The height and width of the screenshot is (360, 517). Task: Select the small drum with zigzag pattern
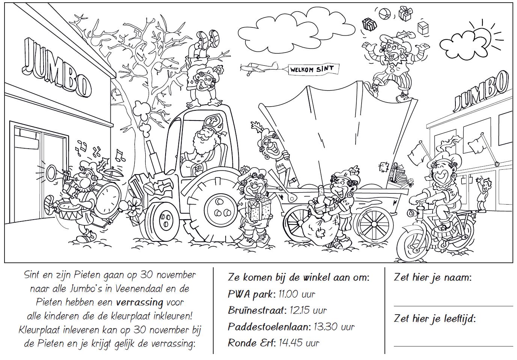point(70,211)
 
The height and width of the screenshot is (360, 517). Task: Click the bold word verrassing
point(139,303)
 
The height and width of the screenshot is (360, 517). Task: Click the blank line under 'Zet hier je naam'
point(450,306)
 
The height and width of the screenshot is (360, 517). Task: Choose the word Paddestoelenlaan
point(268,327)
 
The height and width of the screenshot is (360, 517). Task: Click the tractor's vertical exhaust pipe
point(155,157)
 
